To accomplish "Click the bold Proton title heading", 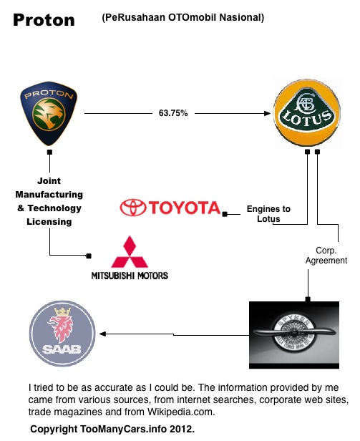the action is click(44, 20).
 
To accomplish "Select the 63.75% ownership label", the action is click(173, 113).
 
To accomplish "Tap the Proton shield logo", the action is click(49, 114).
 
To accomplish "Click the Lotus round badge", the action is click(307, 113).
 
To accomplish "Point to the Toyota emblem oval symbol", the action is click(133, 208).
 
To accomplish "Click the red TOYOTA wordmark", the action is click(184, 208).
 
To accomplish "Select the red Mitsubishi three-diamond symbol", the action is click(130, 252).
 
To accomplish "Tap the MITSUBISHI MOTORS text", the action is click(130, 276).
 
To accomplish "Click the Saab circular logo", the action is click(62, 334).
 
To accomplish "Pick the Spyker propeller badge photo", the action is click(294, 335).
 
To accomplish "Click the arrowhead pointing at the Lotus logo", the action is click(268, 113).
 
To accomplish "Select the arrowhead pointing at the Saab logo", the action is click(102, 334).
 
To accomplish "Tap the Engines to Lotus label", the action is click(268, 214).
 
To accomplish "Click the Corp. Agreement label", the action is click(326, 256).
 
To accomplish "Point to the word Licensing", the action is click(49, 222).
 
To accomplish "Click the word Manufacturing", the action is click(49, 194).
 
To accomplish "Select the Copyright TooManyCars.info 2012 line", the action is click(112, 430).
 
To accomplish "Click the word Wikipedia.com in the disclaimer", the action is click(181, 412).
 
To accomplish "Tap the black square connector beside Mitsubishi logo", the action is click(89, 256).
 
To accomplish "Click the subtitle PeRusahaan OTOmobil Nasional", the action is click(183, 17).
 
